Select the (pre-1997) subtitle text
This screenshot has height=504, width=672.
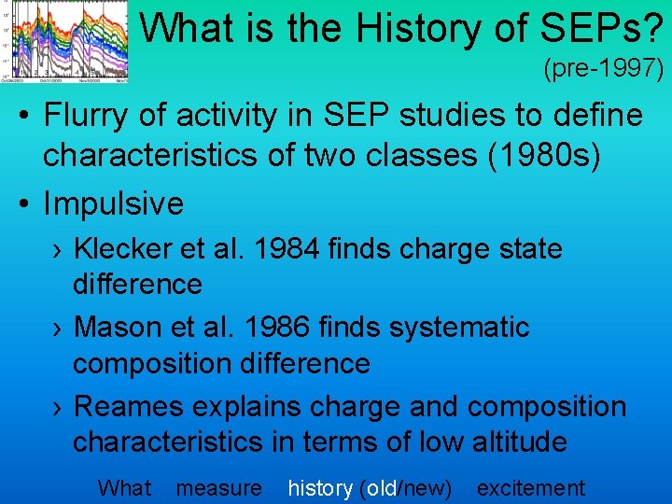(x=603, y=68)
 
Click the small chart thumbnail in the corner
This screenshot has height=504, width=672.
(x=65, y=40)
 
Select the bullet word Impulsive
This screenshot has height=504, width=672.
(x=114, y=203)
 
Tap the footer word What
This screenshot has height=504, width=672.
(x=123, y=487)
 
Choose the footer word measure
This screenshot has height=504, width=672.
(x=219, y=487)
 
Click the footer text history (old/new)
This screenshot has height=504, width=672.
(x=370, y=487)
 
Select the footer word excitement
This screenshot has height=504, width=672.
(x=530, y=487)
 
